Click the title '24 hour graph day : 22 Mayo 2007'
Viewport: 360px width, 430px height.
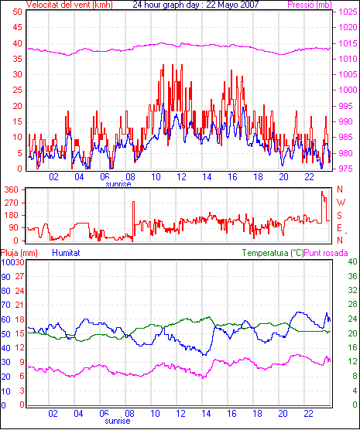coord(196,5)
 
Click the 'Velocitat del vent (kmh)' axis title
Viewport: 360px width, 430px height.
coord(69,5)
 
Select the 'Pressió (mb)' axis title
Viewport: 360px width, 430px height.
coord(310,5)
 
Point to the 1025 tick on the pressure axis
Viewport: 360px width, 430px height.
coord(348,12)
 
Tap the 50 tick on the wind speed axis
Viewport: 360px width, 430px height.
coord(17,12)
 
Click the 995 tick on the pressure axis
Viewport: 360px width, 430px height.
coord(348,106)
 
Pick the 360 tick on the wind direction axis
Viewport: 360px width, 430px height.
coord(12,189)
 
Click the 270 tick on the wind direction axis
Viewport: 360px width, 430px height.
coord(12,203)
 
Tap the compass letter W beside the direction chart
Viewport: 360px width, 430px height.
coord(341,203)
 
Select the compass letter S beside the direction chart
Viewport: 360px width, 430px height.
coord(340,216)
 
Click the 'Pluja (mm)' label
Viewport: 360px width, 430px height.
coord(19,253)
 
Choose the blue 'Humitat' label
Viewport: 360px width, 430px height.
coord(66,253)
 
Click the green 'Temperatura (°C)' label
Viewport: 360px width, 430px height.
coord(273,253)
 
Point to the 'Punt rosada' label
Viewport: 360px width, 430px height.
coord(326,253)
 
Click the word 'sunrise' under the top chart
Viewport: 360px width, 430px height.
coord(118,184)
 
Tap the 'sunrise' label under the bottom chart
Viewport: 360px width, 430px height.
coord(118,421)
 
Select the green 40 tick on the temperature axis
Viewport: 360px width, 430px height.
coord(352,261)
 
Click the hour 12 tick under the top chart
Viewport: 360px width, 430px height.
coord(181,177)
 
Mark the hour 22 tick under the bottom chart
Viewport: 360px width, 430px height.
coord(308,413)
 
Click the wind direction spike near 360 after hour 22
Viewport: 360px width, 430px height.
coord(322,193)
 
